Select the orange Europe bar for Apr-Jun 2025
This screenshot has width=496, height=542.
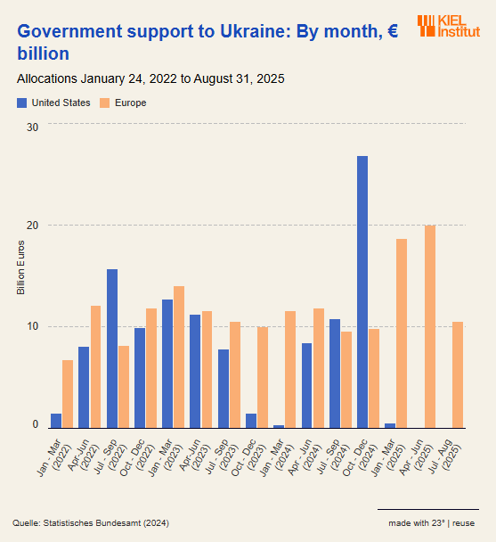click(x=430, y=326)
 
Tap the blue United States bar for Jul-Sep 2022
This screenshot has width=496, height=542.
click(x=112, y=349)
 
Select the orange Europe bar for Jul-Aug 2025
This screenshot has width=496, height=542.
click(x=458, y=374)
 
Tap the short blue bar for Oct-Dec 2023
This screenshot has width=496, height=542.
click(x=251, y=421)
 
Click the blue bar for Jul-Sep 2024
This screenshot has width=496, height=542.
click(x=335, y=374)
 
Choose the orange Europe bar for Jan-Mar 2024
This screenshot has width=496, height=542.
click(x=290, y=369)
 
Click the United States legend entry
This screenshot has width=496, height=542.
click(x=54, y=103)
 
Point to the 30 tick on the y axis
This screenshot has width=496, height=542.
click(x=32, y=127)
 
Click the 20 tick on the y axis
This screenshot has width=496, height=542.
click(x=32, y=226)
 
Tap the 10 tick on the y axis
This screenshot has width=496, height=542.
click(x=32, y=326)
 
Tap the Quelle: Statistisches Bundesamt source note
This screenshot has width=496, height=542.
click(x=91, y=522)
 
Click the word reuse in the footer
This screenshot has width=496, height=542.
click(x=463, y=522)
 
